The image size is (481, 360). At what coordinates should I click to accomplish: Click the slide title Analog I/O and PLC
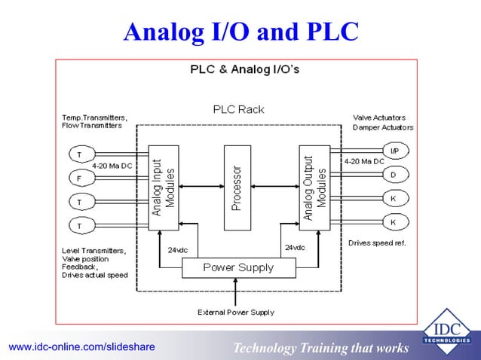[x=241, y=31]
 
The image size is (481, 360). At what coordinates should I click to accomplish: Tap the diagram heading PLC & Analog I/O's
[x=244, y=70]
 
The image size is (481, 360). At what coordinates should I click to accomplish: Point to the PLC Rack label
[x=239, y=109]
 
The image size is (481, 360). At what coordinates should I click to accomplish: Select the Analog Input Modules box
[x=164, y=187]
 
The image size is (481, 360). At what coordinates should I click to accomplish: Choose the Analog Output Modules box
[x=314, y=187]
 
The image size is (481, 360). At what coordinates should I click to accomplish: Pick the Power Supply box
[x=238, y=267]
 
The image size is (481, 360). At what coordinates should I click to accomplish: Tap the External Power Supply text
[x=236, y=312]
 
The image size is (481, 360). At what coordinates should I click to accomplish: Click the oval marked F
[x=78, y=179]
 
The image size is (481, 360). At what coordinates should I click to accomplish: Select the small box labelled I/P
[x=394, y=151]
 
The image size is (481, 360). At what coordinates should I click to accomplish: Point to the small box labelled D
[x=394, y=175]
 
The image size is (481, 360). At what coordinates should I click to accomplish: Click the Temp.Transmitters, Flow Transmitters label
[x=94, y=122]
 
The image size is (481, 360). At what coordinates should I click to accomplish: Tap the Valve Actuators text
[x=379, y=117]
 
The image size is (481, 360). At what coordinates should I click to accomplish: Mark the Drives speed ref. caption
[x=377, y=243]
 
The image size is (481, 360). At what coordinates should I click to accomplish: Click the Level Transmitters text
[x=94, y=249]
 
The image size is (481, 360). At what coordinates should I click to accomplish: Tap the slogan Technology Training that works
[x=321, y=347]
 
